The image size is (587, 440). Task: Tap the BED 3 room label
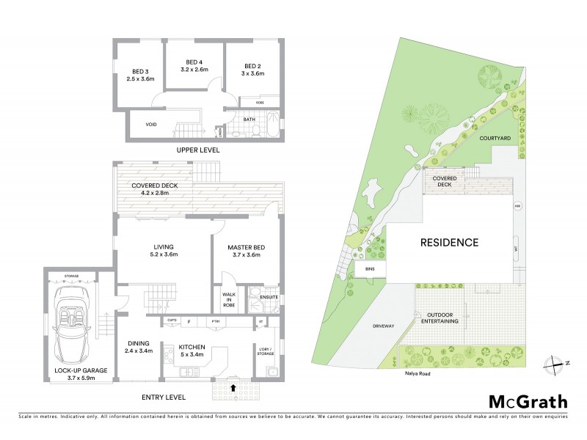(141, 71)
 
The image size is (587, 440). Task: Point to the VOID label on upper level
(150, 124)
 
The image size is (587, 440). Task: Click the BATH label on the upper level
(249, 119)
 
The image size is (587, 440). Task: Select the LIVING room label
(164, 248)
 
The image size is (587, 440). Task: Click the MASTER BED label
(246, 248)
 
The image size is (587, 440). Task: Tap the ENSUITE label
(269, 296)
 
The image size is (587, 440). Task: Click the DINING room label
(138, 343)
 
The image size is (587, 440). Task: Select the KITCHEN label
(192, 348)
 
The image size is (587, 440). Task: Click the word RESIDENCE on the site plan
(448, 242)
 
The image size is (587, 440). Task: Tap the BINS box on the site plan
(368, 270)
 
